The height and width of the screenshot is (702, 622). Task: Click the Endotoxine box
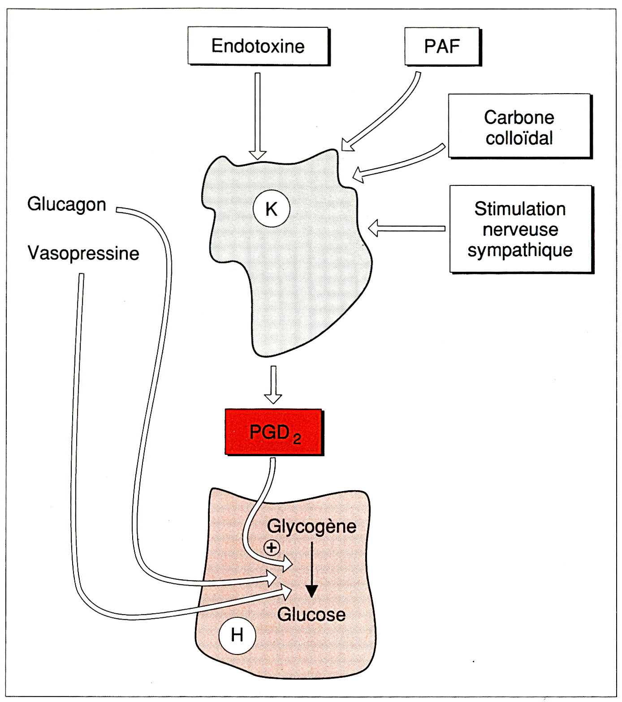point(258,46)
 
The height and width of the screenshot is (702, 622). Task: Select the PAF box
point(442,47)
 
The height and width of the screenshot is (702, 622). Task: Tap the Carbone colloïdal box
point(519,126)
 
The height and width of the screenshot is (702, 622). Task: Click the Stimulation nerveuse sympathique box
point(521,229)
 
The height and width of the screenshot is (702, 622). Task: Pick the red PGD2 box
point(274,432)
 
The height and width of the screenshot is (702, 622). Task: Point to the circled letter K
point(272,209)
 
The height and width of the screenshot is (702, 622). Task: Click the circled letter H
point(237,635)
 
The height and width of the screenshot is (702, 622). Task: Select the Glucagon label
point(67,204)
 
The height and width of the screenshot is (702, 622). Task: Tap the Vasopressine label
point(83,253)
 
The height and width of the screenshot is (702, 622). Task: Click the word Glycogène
point(311,526)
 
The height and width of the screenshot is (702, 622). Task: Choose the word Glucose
point(311,615)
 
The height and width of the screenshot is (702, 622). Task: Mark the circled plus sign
point(272,547)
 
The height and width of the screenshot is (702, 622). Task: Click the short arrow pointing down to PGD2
point(273,385)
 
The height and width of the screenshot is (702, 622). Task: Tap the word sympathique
point(520,250)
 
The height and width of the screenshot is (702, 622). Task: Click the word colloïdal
point(519,138)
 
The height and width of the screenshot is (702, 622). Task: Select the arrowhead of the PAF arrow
point(347,145)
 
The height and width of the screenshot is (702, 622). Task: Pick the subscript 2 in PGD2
point(297,439)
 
